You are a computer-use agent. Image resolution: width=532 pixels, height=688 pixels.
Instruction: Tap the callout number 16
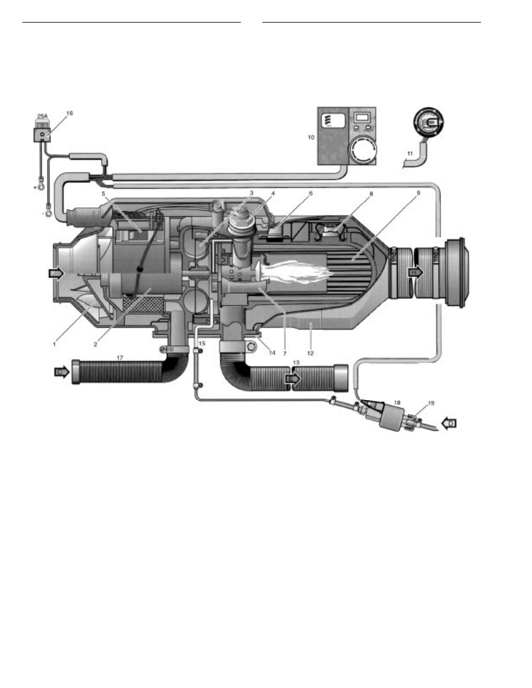(x=70, y=114)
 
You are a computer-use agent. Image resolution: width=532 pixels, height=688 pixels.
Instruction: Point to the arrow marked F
(x=54, y=272)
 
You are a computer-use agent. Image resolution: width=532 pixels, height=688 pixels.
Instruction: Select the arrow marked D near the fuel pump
(x=451, y=423)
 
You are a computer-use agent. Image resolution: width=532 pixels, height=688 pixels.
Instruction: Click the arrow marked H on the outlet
(x=416, y=271)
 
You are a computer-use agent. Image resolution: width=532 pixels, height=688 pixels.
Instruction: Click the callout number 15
(x=202, y=343)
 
